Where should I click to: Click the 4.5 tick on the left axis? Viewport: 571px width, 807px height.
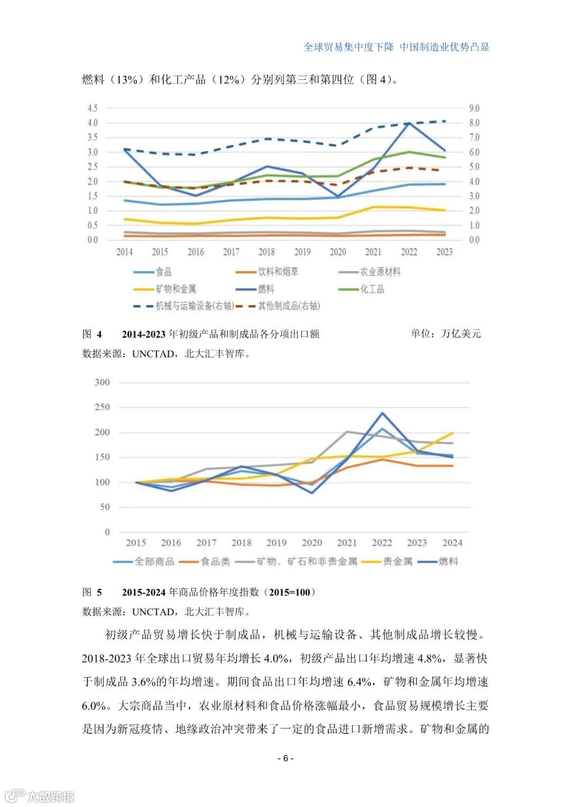tap(93, 108)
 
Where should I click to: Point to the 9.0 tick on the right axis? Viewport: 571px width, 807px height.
tap(474, 108)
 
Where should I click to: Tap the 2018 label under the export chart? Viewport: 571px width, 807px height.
tap(266, 252)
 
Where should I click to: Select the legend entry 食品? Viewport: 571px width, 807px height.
tap(163, 272)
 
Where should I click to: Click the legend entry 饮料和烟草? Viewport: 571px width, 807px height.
tap(278, 272)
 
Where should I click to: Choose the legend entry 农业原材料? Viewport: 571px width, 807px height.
tap(380, 272)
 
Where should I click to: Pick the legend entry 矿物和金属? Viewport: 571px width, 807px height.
tap(176, 289)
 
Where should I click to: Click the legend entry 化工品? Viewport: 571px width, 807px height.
tap(372, 289)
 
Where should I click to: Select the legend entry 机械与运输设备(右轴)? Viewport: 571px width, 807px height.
tap(194, 306)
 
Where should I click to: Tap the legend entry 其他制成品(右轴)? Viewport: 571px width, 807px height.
tap(289, 306)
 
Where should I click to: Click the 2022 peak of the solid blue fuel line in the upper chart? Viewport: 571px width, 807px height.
tap(409, 123)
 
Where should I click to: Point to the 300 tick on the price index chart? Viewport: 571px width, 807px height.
tap(102, 382)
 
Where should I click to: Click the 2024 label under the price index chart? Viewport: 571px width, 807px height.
tap(452, 543)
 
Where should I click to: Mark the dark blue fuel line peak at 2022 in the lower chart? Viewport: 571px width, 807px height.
tap(382, 413)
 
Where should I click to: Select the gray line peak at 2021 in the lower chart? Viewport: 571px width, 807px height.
tap(347, 432)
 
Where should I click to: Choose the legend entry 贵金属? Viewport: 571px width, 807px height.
tap(397, 561)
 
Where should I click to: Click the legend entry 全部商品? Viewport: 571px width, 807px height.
tap(154, 561)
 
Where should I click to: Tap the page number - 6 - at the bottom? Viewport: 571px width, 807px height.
tap(285, 758)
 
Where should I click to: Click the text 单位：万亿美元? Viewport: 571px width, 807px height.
tap(446, 334)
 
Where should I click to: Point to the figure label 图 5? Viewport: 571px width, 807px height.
tap(92, 592)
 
